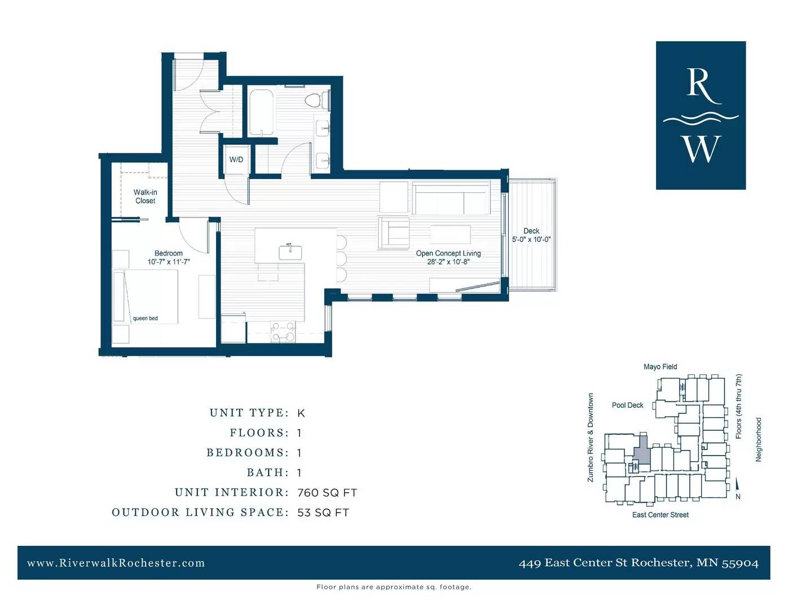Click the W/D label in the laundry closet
click(236, 160)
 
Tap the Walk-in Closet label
click(145, 196)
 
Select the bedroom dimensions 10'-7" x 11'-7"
click(169, 262)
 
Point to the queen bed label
click(145, 318)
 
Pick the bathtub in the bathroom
click(261, 112)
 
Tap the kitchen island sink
click(290, 252)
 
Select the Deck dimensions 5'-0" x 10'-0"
click(531, 240)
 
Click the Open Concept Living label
click(448, 253)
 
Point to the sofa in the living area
click(451, 198)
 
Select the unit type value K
click(301, 413)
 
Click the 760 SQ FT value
click(327, 493)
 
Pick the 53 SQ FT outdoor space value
click(323, 513)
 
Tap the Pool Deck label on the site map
click(627, 405)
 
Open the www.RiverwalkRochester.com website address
click(116, 563)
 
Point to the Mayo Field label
click(660, 367)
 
